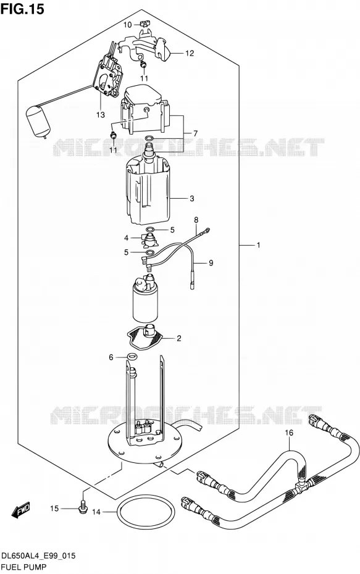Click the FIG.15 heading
pos(22,9)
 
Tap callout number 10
pos(127,25)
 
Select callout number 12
pos(190,54)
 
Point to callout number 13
pos(101,115)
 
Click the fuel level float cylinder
pos(38,121)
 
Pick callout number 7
pos(195,133)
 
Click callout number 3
pos(192,199)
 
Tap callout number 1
pos(258,245)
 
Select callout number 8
pos(196,220)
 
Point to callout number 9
pos(211,263)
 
